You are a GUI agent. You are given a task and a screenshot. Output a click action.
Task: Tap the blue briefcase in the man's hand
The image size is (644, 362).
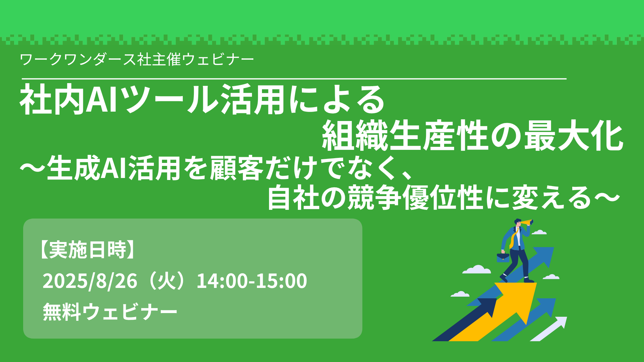pyautogui.click(x=503, y=257)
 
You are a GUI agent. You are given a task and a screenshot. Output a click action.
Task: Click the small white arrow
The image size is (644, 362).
pyautogui.click(x=549, y=329)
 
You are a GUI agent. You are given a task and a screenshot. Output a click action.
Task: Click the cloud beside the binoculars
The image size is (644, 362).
pyautogui.click(x=539, y=232)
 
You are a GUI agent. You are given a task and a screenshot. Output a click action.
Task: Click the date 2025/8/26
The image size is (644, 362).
pyautogui.click(x=90, y=281)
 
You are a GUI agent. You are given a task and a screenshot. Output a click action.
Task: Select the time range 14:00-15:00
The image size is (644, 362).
pyautogui.click(x=252, y=281)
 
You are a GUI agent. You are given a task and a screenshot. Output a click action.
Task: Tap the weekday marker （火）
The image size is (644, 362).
pyautogui.click(x=167, y=281)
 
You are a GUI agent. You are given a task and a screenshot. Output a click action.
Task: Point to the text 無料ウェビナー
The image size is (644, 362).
pyautogui.click(x=110, y=312)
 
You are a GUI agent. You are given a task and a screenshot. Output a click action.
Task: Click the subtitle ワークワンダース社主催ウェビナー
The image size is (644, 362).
pyautogui.click(x=137, y=60)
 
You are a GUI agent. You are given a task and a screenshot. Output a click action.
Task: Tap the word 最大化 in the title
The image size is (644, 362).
pyautogui.click(x=573, y=136)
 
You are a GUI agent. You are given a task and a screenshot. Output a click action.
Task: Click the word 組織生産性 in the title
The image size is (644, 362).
pyautogui.click(x=405, y=136)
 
